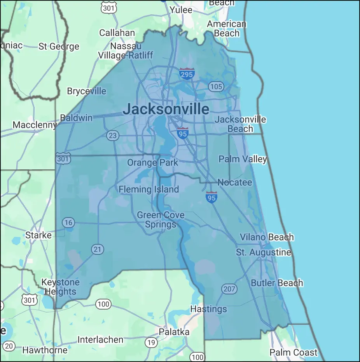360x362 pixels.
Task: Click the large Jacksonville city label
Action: click(x=166, y=109)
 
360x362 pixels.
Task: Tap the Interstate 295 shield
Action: click(x=187, y=73)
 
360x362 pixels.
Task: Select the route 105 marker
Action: click(x=216, y=86)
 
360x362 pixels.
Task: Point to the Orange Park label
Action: click(x=153, y=162)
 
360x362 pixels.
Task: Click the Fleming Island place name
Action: click(x=149, y=190)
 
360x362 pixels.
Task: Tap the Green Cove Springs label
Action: click(x=161, y=220)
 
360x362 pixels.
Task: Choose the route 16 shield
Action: click(x=68, y=223)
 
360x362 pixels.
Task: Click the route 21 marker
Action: click(x=97, y=249)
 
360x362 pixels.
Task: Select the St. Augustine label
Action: click(x=263, y=252)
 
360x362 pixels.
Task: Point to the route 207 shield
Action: click(x=229, y=289)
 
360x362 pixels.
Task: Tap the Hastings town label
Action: click(x=208, y=309)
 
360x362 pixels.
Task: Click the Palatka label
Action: click(x=174, y=332)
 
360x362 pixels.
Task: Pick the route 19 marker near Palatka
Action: click(x=151, y=343)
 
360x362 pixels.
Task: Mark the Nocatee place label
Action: click(x=234, y=182)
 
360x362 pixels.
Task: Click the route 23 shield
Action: click(x=112, y=136)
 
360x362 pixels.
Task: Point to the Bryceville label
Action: click(x=86, y=91)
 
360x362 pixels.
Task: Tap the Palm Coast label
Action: click(x=294, y=353)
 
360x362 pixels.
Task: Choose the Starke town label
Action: click(x=38, y=235)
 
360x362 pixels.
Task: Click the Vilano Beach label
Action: click(x=267, y=237)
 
